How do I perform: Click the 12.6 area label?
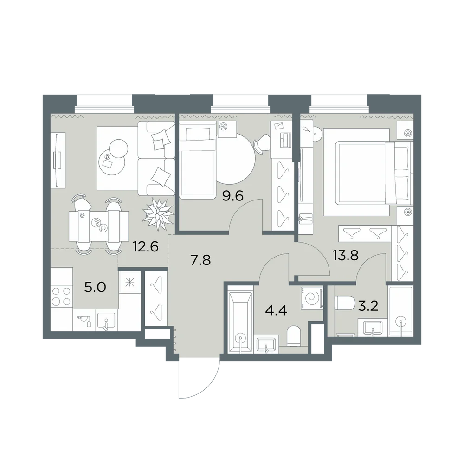click(x=146, y=246)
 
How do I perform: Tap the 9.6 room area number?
click(x=232, y=196)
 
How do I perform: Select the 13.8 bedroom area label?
click(x=345, y=255)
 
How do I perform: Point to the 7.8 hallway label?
click(x=200, y=260)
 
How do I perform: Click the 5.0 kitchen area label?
click(x=95, y=287)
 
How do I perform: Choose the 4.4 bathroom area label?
click(x=276, y=311)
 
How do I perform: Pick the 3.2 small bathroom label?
click(x=368, y=306)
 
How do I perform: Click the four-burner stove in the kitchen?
click(x=62, y=296)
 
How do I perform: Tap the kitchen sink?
click(x=106, y=320)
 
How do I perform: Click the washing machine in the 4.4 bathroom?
click(x=312, y=298)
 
